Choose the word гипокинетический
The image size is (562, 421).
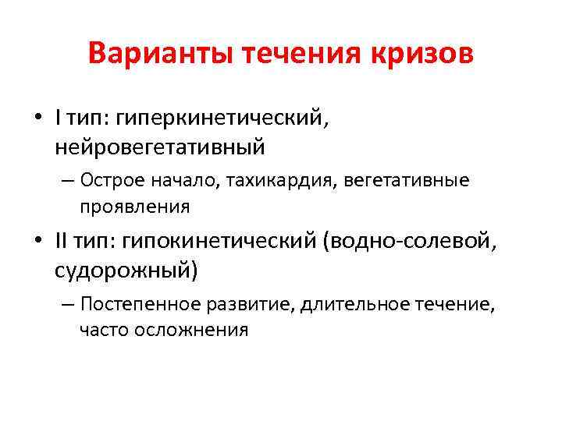pos(219,243)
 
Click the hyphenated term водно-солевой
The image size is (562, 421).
pos(413,243)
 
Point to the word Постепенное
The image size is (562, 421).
pos(137,304)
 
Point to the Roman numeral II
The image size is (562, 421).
pos(62,243)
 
